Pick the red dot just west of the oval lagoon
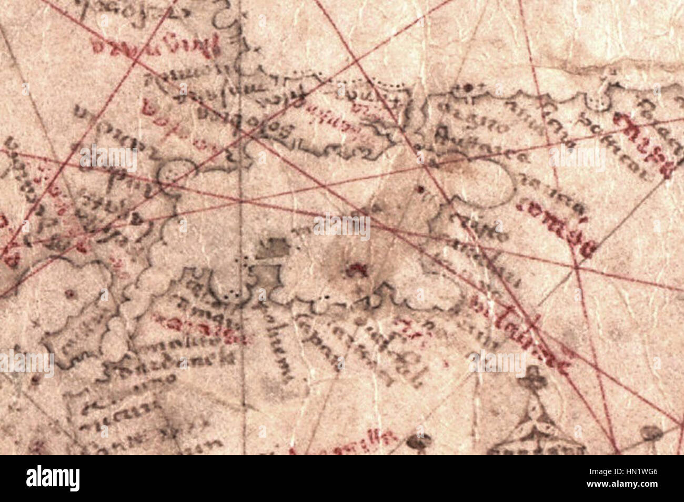[x=420, y=188]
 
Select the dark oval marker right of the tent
[x=651, y=434]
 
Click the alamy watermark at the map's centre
[x=342, y=228]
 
